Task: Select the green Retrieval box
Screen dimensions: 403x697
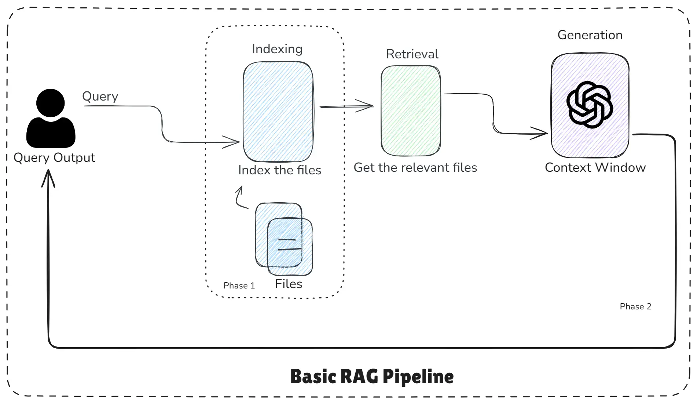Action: [x=410, y=110]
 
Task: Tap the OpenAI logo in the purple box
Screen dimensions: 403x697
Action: [x=589, y=105]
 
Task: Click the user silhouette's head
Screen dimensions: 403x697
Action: [x=51, y=102]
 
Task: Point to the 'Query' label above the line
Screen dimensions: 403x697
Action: [x=100, y=96]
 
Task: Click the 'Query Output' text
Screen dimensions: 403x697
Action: [x=54, y=157]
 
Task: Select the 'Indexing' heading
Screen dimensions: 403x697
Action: [x=277, y=49]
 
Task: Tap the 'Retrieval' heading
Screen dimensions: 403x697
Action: [x=412, y=54]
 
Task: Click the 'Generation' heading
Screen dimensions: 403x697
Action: [x=590, y=35]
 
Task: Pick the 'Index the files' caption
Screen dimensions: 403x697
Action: [x=279, y=170]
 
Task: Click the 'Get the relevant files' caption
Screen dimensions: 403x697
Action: [x=415, y=167]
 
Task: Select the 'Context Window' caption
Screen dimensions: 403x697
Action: [x=595, y=167]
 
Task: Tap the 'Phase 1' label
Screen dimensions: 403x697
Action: [x=239, y=286]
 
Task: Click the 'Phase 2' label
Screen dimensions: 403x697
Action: [x=635, y=306]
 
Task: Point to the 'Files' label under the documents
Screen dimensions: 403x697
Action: [x=289, y=284]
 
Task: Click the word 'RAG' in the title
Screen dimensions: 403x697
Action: [x=360, y=377]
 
